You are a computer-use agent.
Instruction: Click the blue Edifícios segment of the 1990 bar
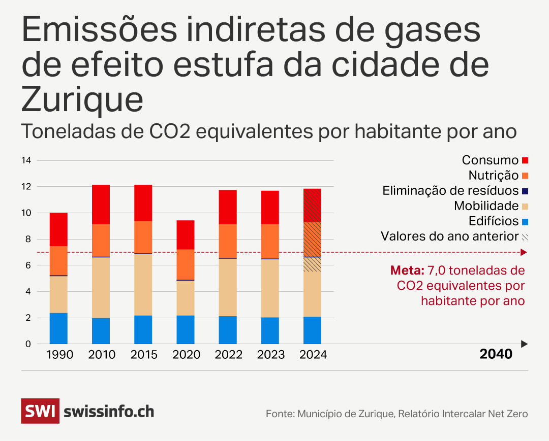pyautogui.click(x=58, y=328)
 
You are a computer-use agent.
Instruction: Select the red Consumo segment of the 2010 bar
pyautogui.click(x=101, y=205)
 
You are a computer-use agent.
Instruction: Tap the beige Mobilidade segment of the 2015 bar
pyautogui.click(x=143, y=284)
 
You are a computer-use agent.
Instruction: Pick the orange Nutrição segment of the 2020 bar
pyautogui.click(x=186, y=264)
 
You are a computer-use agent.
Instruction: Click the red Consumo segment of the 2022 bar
pyautogui.click(x=228, y=207)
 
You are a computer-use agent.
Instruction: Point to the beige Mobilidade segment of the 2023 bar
pyautogui.click(x=270, y=288)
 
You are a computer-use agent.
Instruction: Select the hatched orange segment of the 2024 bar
pyautogui.click(x=312, y=240)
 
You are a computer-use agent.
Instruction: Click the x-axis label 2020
pyautogui.click(x=187, y=355)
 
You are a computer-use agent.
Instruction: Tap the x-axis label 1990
pyautogui.click(x=59, y=355)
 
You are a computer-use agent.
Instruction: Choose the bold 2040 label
pyautogui.click(x=496, y=354)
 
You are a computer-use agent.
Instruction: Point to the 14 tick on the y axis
pyautogui.click(x=26, y=160)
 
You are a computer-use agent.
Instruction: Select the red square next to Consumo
pyautogui.click(x=525, y=160)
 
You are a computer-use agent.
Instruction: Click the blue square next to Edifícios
pyautogui.click(x=525, y=221)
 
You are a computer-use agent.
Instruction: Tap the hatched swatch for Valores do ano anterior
pyautogui.click(x=525, y=236)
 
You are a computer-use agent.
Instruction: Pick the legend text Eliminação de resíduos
pyautogui.click(x=450, y=191)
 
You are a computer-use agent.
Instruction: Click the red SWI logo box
pyautogui.click(x=40, y=411)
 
